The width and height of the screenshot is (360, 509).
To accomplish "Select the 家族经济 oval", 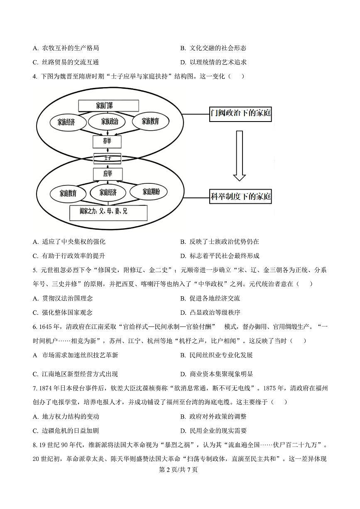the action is pyautogui.click(x=66, y=122).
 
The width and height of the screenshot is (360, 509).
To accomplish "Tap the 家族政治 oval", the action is pyautogui.click(x=109, y=122).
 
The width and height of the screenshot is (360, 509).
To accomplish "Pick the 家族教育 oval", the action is pyautogui.click(x=150, y=122).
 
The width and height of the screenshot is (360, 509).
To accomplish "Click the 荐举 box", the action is pyautogui.click(x=107, y=141).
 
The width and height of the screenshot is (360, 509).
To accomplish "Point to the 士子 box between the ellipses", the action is pyautogui.click(x=107, y=158).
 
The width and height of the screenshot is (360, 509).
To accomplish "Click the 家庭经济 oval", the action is pyautogui.click(x=108, y=192).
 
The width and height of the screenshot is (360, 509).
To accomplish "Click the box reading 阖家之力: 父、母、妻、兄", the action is pyautogui.click(x=108, y=212).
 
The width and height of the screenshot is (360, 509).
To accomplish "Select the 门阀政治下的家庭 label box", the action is pyautogui.click(x=240, y=113).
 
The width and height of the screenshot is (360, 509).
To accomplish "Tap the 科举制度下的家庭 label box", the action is pyautogui.click(x=240, y=196).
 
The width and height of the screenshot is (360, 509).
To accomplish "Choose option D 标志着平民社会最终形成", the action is pyautogui.click(x=220, y=256).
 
